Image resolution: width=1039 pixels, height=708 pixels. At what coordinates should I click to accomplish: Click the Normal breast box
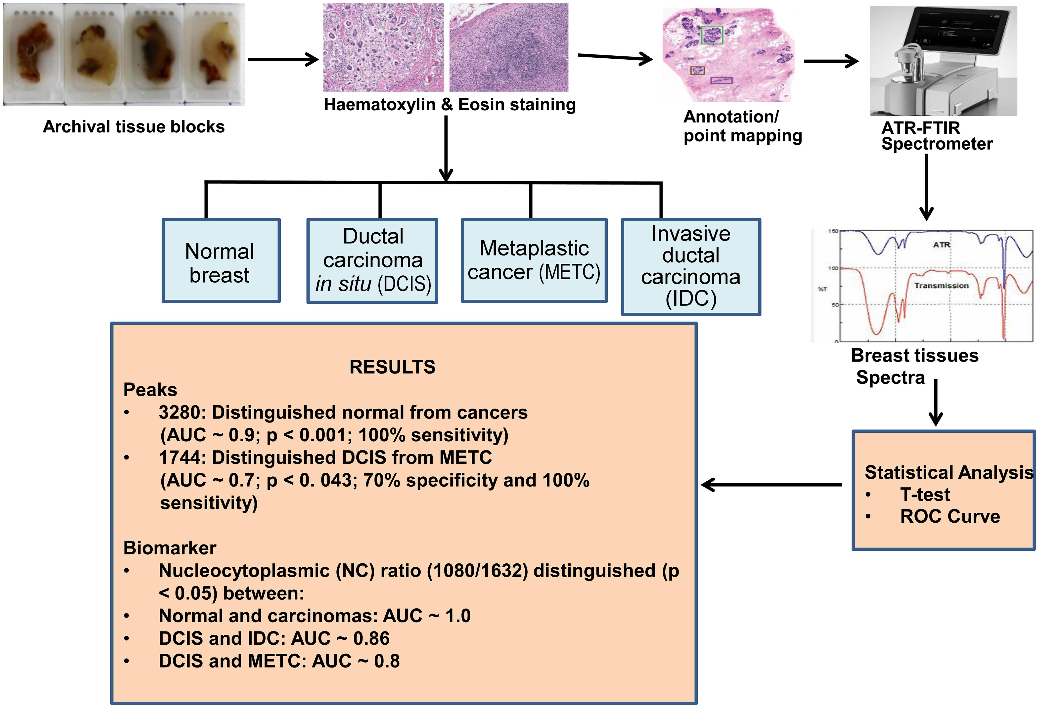pos(221,261)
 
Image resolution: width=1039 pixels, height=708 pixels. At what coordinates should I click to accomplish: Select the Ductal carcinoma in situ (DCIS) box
pos(372,261)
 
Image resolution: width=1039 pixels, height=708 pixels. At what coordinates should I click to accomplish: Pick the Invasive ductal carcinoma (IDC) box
pos(691,267)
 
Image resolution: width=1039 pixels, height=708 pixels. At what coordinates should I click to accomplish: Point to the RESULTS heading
pos(392,367)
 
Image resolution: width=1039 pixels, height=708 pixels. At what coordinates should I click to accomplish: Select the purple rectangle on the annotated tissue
pos(721,81)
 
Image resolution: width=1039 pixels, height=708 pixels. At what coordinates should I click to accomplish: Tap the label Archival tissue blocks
pos(134,127)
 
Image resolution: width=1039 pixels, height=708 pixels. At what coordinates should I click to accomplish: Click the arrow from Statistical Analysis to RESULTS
pos(771,485)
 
